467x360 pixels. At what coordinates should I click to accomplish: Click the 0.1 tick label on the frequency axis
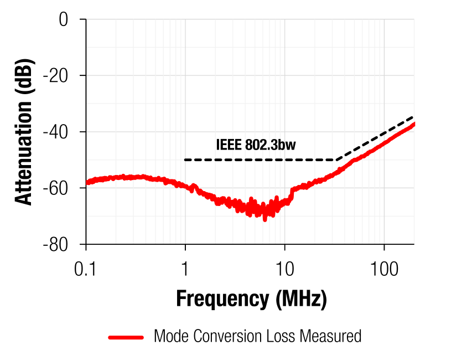point(86,269)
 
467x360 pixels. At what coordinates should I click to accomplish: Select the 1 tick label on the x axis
point(185,269)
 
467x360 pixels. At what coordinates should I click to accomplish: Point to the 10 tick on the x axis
point(284,269)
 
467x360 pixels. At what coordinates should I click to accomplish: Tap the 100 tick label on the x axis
point(383,269)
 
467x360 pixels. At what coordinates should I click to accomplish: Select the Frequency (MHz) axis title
point(251,299)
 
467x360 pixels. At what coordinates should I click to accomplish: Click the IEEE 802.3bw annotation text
point(256,146)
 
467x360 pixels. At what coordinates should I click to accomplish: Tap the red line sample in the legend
point(126,337)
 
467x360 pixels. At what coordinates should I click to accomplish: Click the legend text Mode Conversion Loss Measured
point(257,336)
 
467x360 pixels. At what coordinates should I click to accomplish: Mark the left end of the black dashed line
point(185,160)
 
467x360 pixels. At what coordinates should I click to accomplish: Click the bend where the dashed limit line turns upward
point(335,160)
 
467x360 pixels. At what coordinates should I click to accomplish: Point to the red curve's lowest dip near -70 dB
point(264,219)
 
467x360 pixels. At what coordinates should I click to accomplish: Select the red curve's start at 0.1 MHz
point(87,182)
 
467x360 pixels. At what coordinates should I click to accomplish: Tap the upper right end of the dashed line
point(413,117)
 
